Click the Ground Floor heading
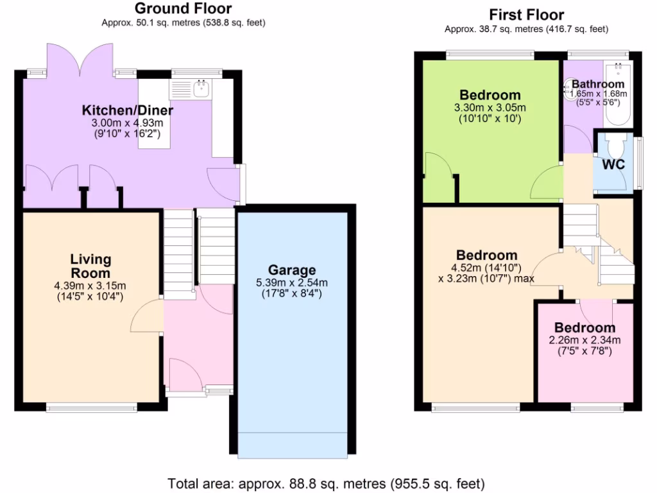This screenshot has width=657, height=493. point(183,8)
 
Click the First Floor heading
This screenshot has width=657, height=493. point(526,14)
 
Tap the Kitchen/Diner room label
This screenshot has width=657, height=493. point(127,110)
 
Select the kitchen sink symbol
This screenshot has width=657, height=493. point(201,88)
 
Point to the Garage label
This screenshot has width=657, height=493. point(292,270)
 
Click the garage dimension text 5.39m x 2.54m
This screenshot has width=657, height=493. point(292,282)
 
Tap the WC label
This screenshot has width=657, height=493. point(613,164)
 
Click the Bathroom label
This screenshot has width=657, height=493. point(597,84)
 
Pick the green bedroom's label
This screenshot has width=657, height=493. point(490,96)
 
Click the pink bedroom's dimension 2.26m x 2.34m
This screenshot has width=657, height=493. point(584,340)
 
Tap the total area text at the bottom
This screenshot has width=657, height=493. point(326,483)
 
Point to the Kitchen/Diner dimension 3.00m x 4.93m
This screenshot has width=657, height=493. point(127,123)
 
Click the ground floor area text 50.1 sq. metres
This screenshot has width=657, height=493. point(183,22)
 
